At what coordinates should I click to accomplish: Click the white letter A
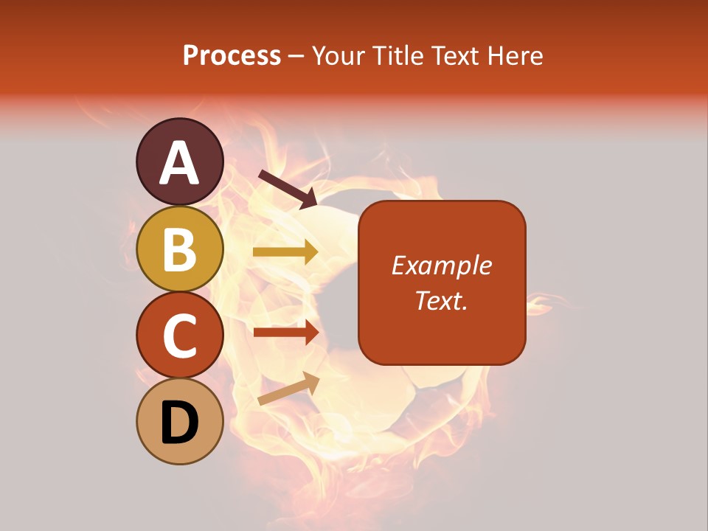pyautogui.click(x=180, y=163)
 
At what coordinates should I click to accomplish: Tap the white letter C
pyautogui.click(x=180, y=336)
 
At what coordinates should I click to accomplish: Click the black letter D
pyautogui.click(x=180, y=423)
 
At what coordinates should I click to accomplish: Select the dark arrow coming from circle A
pyautogui.click(x=288, y=189)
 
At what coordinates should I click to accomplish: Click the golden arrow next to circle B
pyautogui.click(x=286, y=252)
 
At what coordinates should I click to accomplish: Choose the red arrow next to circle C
pyautogui.click(x=286, y=332)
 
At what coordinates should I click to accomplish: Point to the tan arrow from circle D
pyautogui.click(x=288, y=389)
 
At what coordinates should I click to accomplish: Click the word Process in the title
pyautogui.click(x=232, y=56)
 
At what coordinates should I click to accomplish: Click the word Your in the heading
pyautogui.click(x=339, y=56)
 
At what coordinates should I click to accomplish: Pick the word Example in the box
pyautogui.click(x=442, y=265)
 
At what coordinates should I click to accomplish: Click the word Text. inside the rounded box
pyautogui.click(x=442, y=300)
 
